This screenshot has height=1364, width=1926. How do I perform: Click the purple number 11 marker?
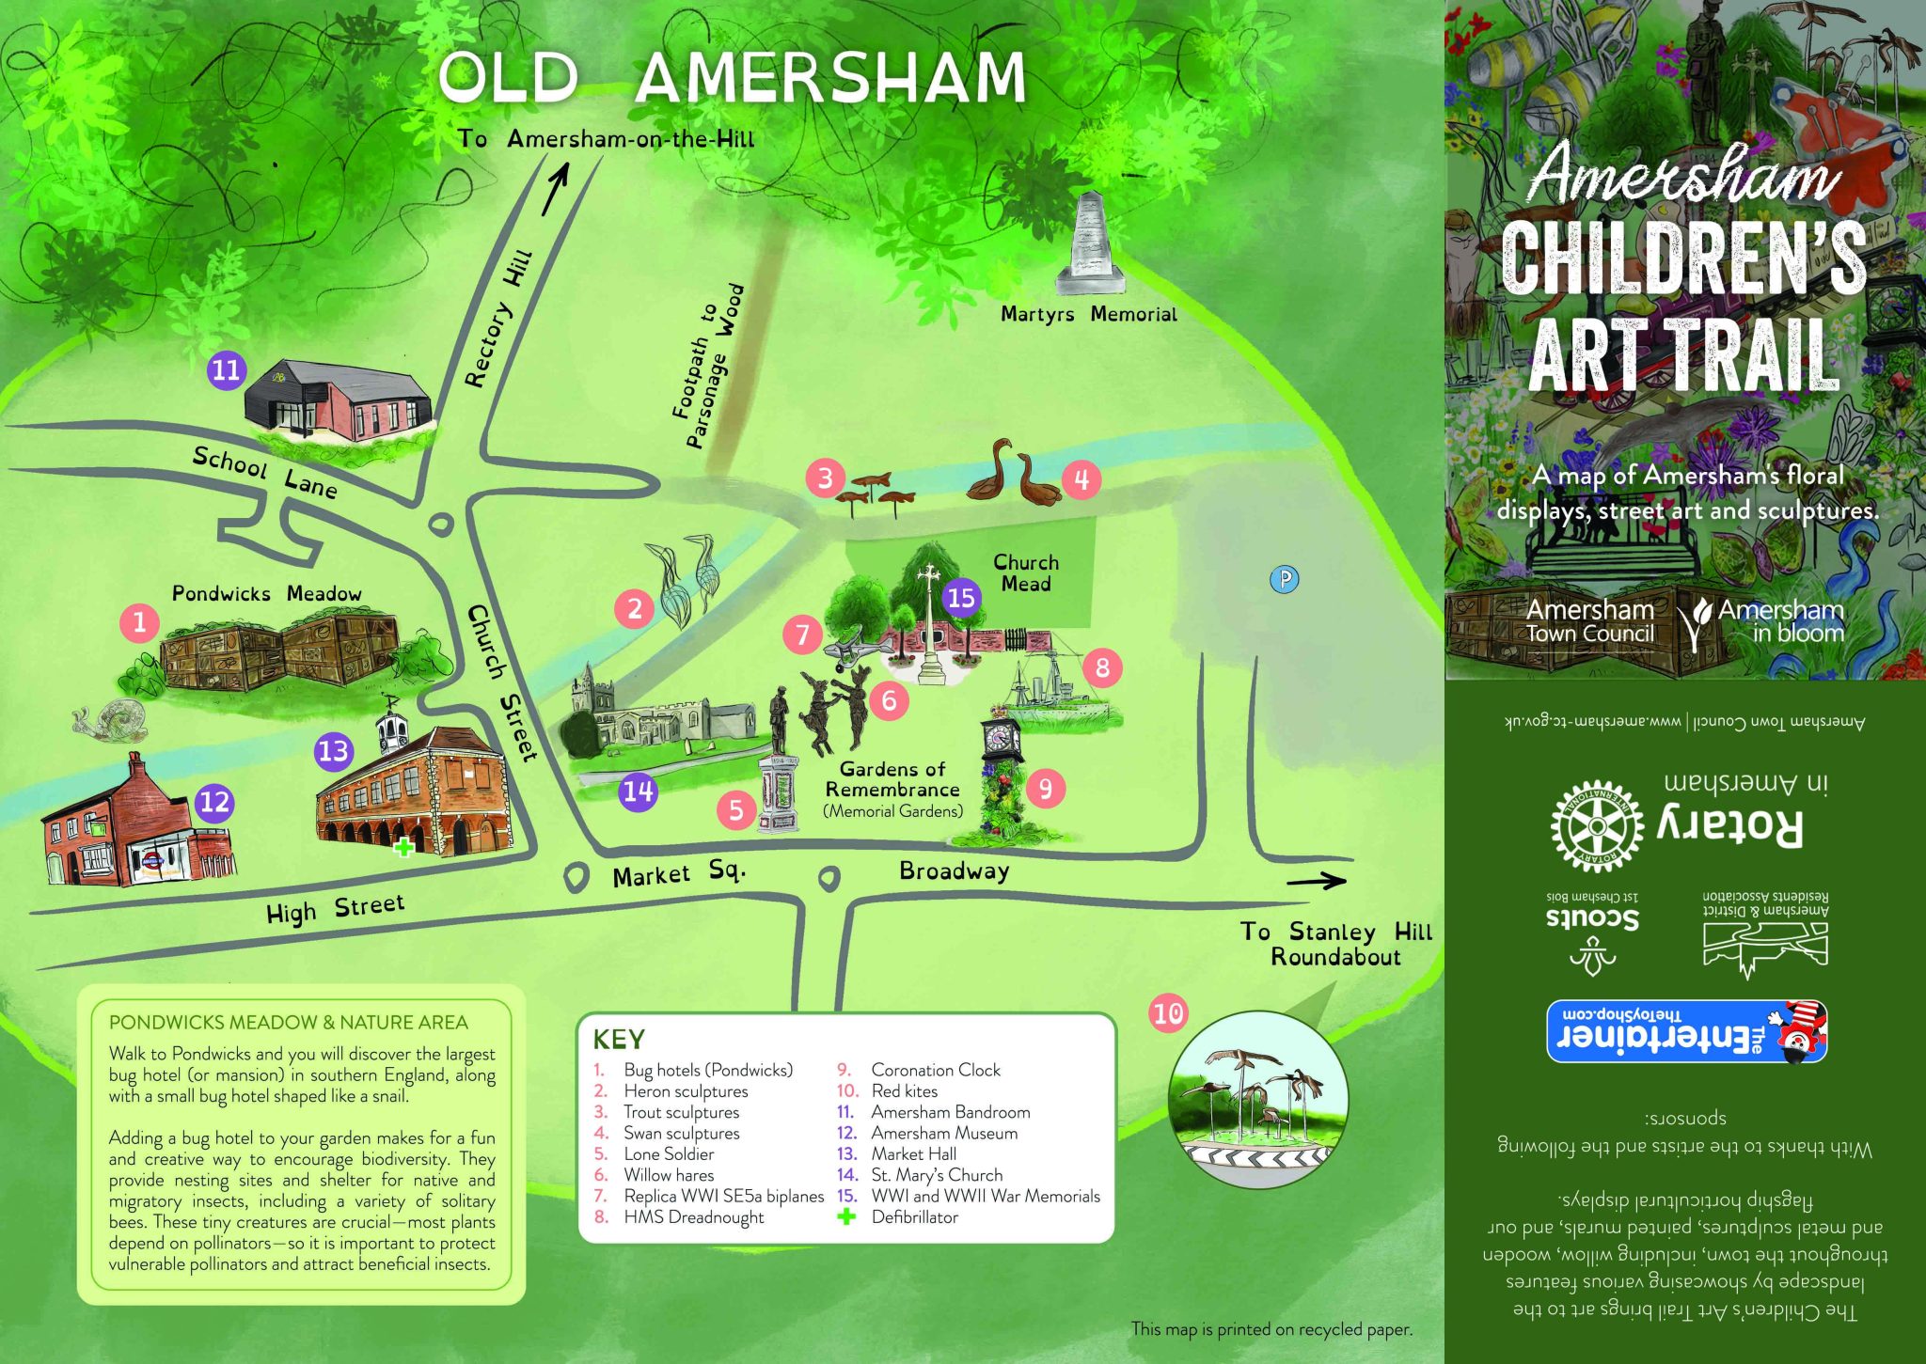(227, 369)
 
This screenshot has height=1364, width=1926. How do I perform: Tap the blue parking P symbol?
(1284, 579)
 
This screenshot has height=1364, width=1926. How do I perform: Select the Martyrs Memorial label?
(1088, 314)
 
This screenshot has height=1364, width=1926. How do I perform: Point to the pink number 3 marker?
(825, 478)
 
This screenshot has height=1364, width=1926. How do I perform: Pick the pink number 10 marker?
(1168, 1013)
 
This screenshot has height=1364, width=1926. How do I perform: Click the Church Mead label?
(1026, 572)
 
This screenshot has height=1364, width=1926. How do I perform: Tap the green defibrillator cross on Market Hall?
(403, 847)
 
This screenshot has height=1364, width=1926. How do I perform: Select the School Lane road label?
(264, 471)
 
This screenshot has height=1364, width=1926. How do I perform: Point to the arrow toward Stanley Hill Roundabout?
(1316, 881)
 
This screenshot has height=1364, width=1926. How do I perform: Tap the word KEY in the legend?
(619, 1040)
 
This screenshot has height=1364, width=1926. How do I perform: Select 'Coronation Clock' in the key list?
(935, 1070)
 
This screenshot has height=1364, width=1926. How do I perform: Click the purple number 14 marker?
(638, 791)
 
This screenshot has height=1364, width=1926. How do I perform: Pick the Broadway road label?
(954, 870)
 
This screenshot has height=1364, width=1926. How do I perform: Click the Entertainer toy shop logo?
(1686, 1031)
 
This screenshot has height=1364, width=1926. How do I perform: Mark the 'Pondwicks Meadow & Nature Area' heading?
(288, 1022)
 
